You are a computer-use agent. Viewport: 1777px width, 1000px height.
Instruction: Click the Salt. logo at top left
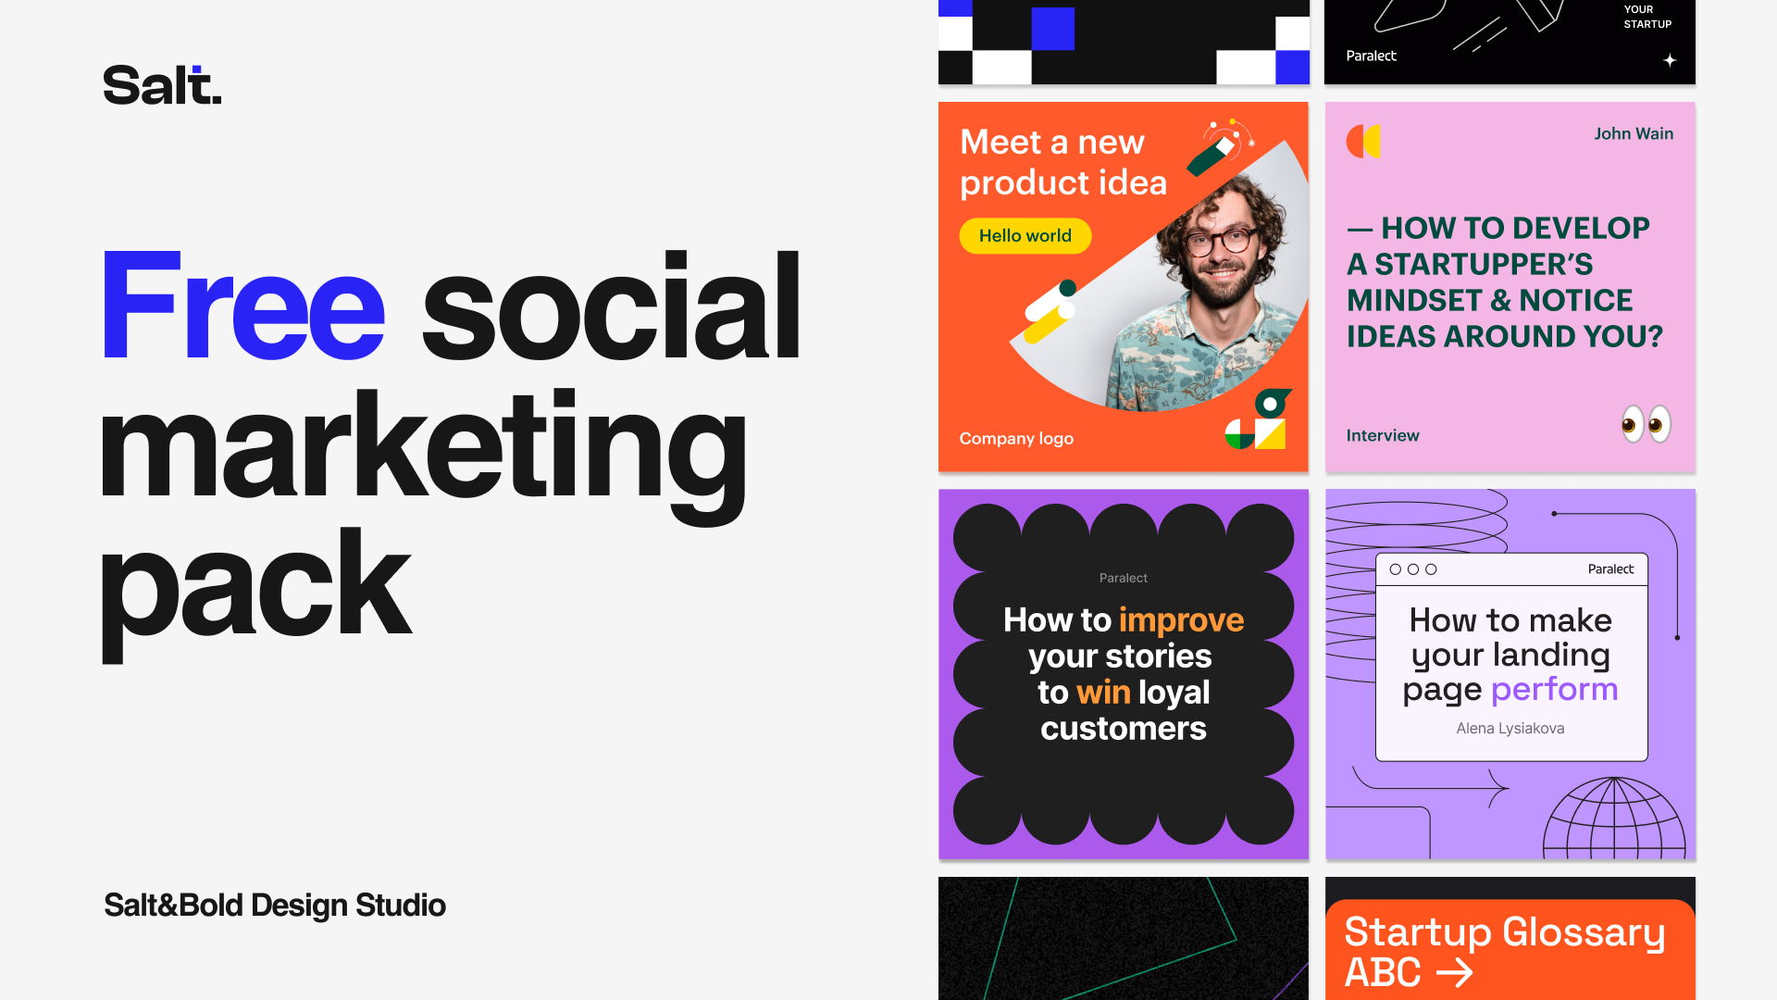[162, 84]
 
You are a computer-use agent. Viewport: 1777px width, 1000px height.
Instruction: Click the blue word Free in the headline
[242, 306]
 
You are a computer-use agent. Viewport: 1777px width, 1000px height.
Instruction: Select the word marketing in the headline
[423, 454]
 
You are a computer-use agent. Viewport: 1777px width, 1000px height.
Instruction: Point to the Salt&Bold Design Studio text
[275, 905]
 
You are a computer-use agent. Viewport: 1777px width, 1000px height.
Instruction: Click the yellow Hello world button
[1025, 236]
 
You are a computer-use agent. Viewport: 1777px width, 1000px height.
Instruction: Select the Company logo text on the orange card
[1016, 438]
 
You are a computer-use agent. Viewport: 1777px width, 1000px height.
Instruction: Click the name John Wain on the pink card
[1634, 133]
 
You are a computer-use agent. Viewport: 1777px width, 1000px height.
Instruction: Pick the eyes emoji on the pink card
[1647, 424]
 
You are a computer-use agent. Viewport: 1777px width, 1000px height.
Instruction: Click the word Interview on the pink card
[1383, 435]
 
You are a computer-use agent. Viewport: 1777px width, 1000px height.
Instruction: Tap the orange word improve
[1182, 620]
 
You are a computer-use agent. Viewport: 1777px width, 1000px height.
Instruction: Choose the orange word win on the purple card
[1103, 693]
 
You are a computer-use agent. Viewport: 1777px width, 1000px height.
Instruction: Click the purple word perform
[1555, 690]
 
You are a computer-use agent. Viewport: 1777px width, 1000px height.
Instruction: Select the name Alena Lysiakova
[1510, 729]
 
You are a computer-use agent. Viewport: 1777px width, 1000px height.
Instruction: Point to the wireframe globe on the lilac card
[1614, 819]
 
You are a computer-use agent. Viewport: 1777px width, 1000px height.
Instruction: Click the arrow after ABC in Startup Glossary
[1454, 972]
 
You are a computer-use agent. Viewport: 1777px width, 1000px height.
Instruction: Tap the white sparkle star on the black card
[1670, 60]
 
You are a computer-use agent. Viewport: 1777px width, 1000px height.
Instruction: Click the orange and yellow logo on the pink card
[1363, 141]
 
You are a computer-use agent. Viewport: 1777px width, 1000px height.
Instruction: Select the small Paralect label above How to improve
[1124, 578]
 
